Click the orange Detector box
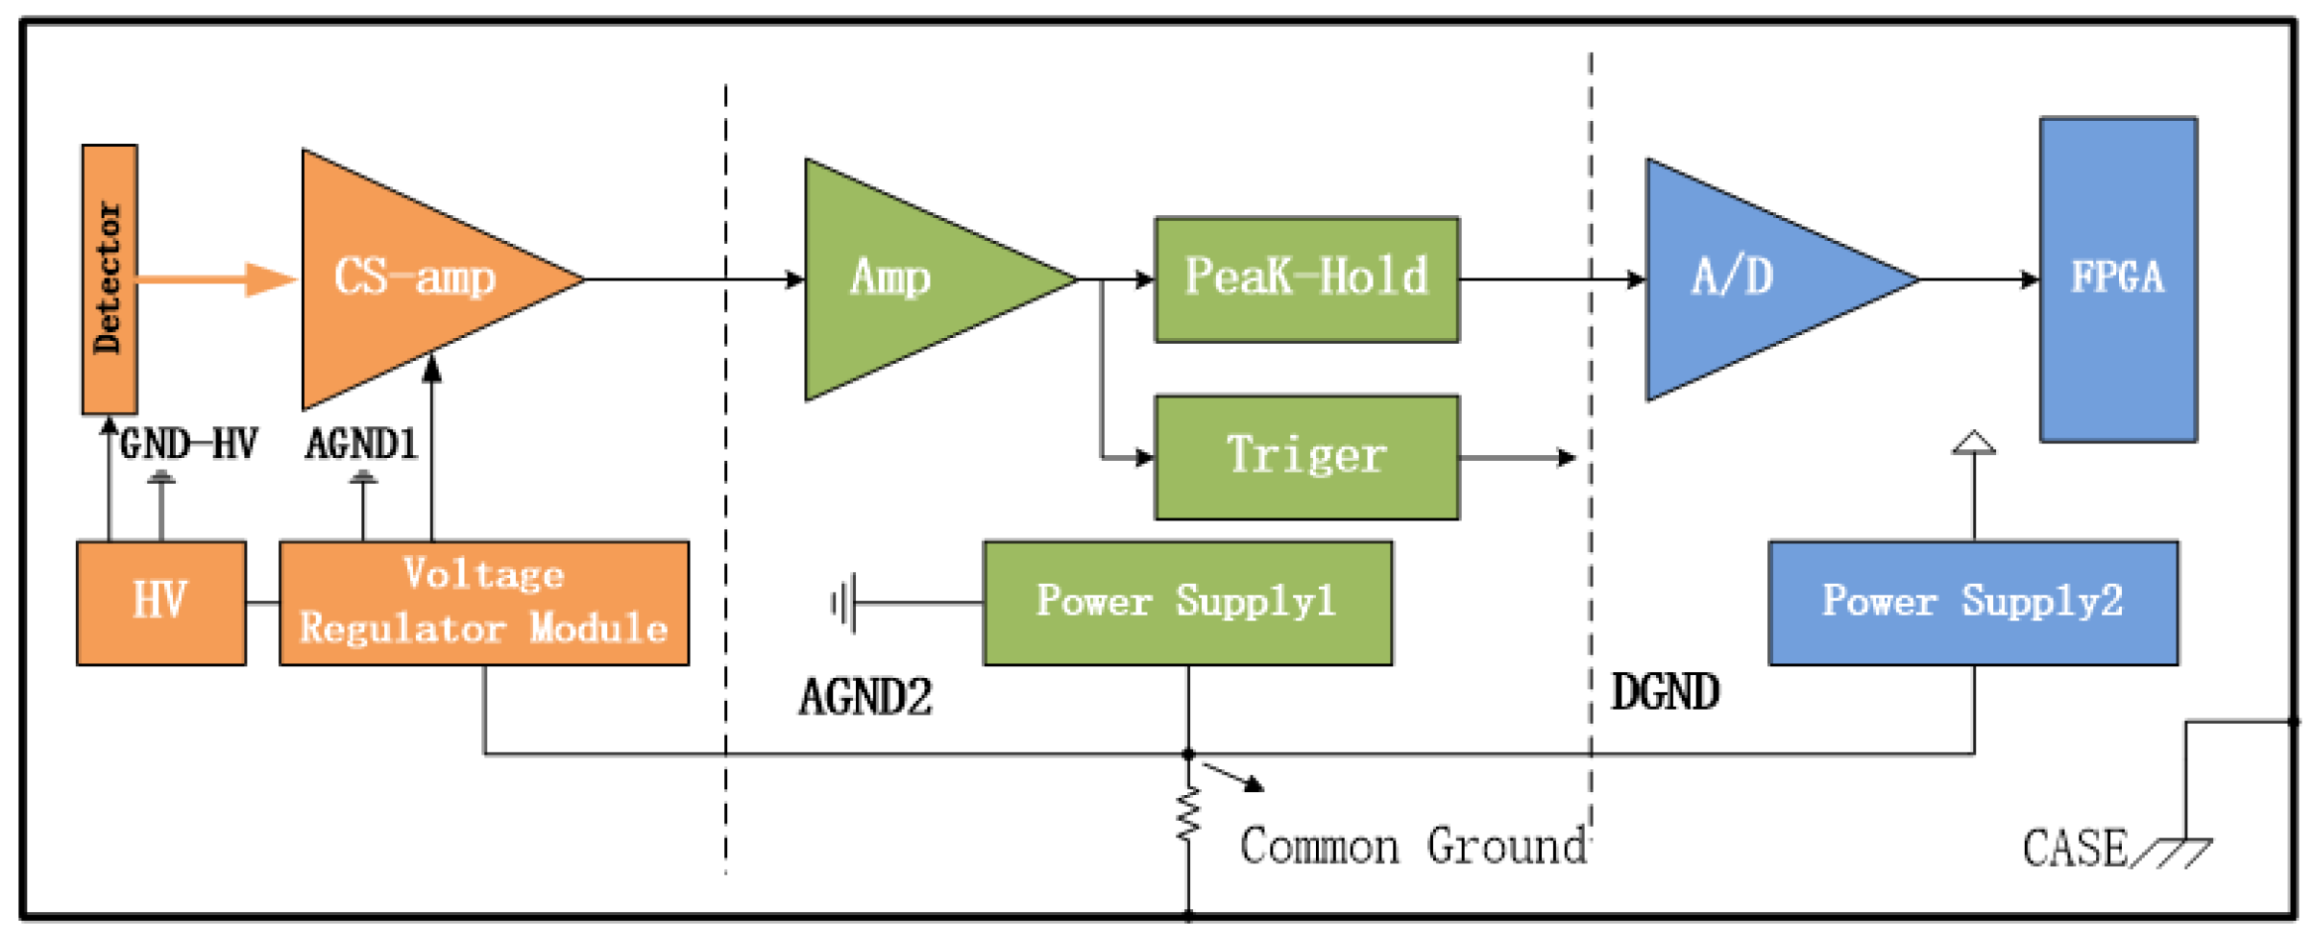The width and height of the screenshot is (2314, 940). pyautogui.click(x=109, y=278)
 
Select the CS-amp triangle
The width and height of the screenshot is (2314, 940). pyautogui.click(x=413, y=278)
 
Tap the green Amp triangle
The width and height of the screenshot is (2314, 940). pyautogui.click(x=903, y=278)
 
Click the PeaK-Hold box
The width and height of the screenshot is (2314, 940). pyautogui.click(x=1306, y=278)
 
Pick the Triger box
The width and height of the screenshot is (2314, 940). pyautogui.click(x=1306, y=456)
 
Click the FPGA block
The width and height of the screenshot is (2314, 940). pyautogui.click(x=2117, y=278)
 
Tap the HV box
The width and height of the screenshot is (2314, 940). pyautogui.click(x=160, y=602)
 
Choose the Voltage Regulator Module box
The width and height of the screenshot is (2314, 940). pyautogui.click(x=483, y=602)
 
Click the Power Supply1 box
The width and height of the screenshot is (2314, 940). pyautogui.click(x=1187, y=602)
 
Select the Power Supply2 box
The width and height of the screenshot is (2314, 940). pyautogui.click(x=1973, y=602)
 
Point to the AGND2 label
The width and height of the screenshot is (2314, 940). pyautogui.click(x=865, y=696)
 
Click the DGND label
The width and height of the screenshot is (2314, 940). pyautogui.click(x=1665, y=691)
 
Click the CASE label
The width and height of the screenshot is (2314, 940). pyautogui.click(x=2075, y=848)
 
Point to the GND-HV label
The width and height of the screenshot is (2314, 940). pyautogui.click(x=188, y=445)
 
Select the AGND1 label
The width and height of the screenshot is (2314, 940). pyautogui.click(x=361, y=445)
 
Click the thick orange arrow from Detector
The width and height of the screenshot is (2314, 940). pyautogui.click(x=216, y=279)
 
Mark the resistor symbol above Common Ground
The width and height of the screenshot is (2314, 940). pyautogui.click(x=1188, y=814)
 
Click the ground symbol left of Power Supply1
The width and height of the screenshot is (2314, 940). pyautogui.click(x=842, y=603)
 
